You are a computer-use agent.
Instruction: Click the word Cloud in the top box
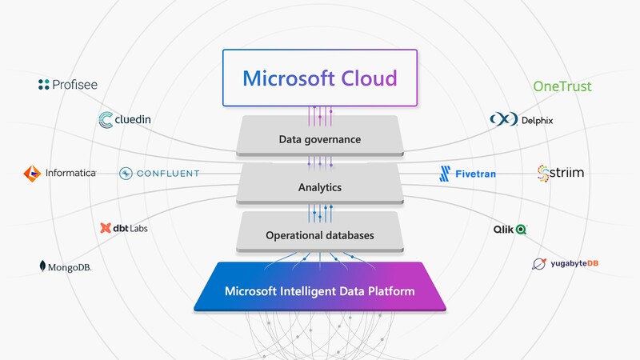tap(369, 78)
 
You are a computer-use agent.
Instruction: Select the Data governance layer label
tap(320, 139)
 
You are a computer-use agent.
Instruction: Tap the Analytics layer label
tap(320, 188)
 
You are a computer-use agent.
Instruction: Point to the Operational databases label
tap(320, 235)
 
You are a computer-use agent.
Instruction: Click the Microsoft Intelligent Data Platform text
tap(320, 291)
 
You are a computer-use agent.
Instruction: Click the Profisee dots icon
tap(44, 84)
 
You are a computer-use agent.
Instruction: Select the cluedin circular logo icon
tap(106, 121)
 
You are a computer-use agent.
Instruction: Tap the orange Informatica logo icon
tap(31, 173)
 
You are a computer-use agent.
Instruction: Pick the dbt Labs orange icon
tap(106, 228)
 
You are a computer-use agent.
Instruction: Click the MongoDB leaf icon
tap(42, 266)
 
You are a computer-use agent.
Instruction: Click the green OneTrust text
tap(562, 86)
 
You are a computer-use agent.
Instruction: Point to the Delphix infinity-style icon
tap(502, 120)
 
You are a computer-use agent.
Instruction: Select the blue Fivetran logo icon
tap(446, 173)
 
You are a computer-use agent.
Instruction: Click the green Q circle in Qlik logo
tap(521, 230)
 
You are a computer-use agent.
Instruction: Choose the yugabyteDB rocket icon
tap(541, 264)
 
